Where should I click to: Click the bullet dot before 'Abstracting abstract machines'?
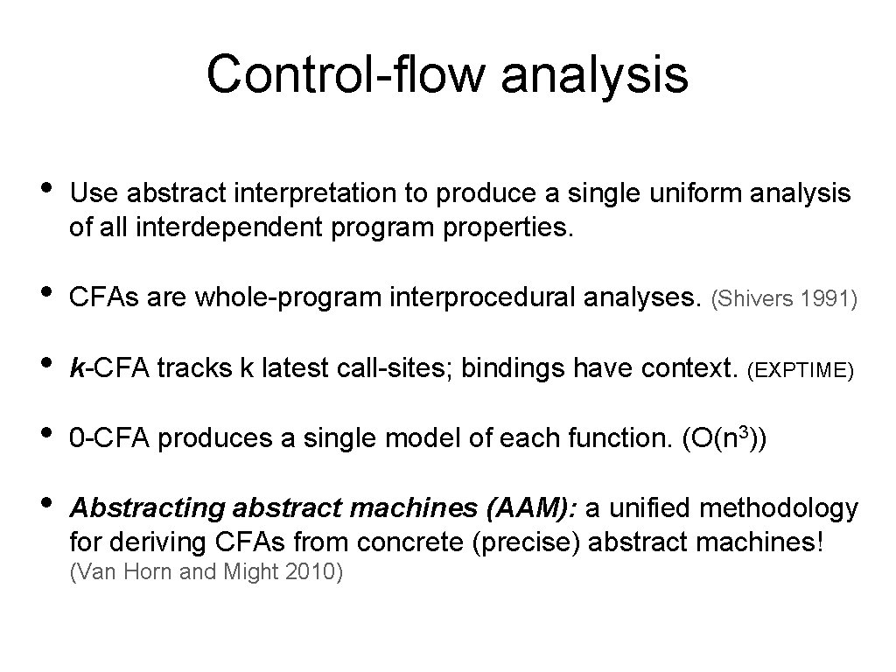pyautogui.click(x=41, y=505)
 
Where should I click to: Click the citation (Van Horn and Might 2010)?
pyautogui.click(x=205, y=573)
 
